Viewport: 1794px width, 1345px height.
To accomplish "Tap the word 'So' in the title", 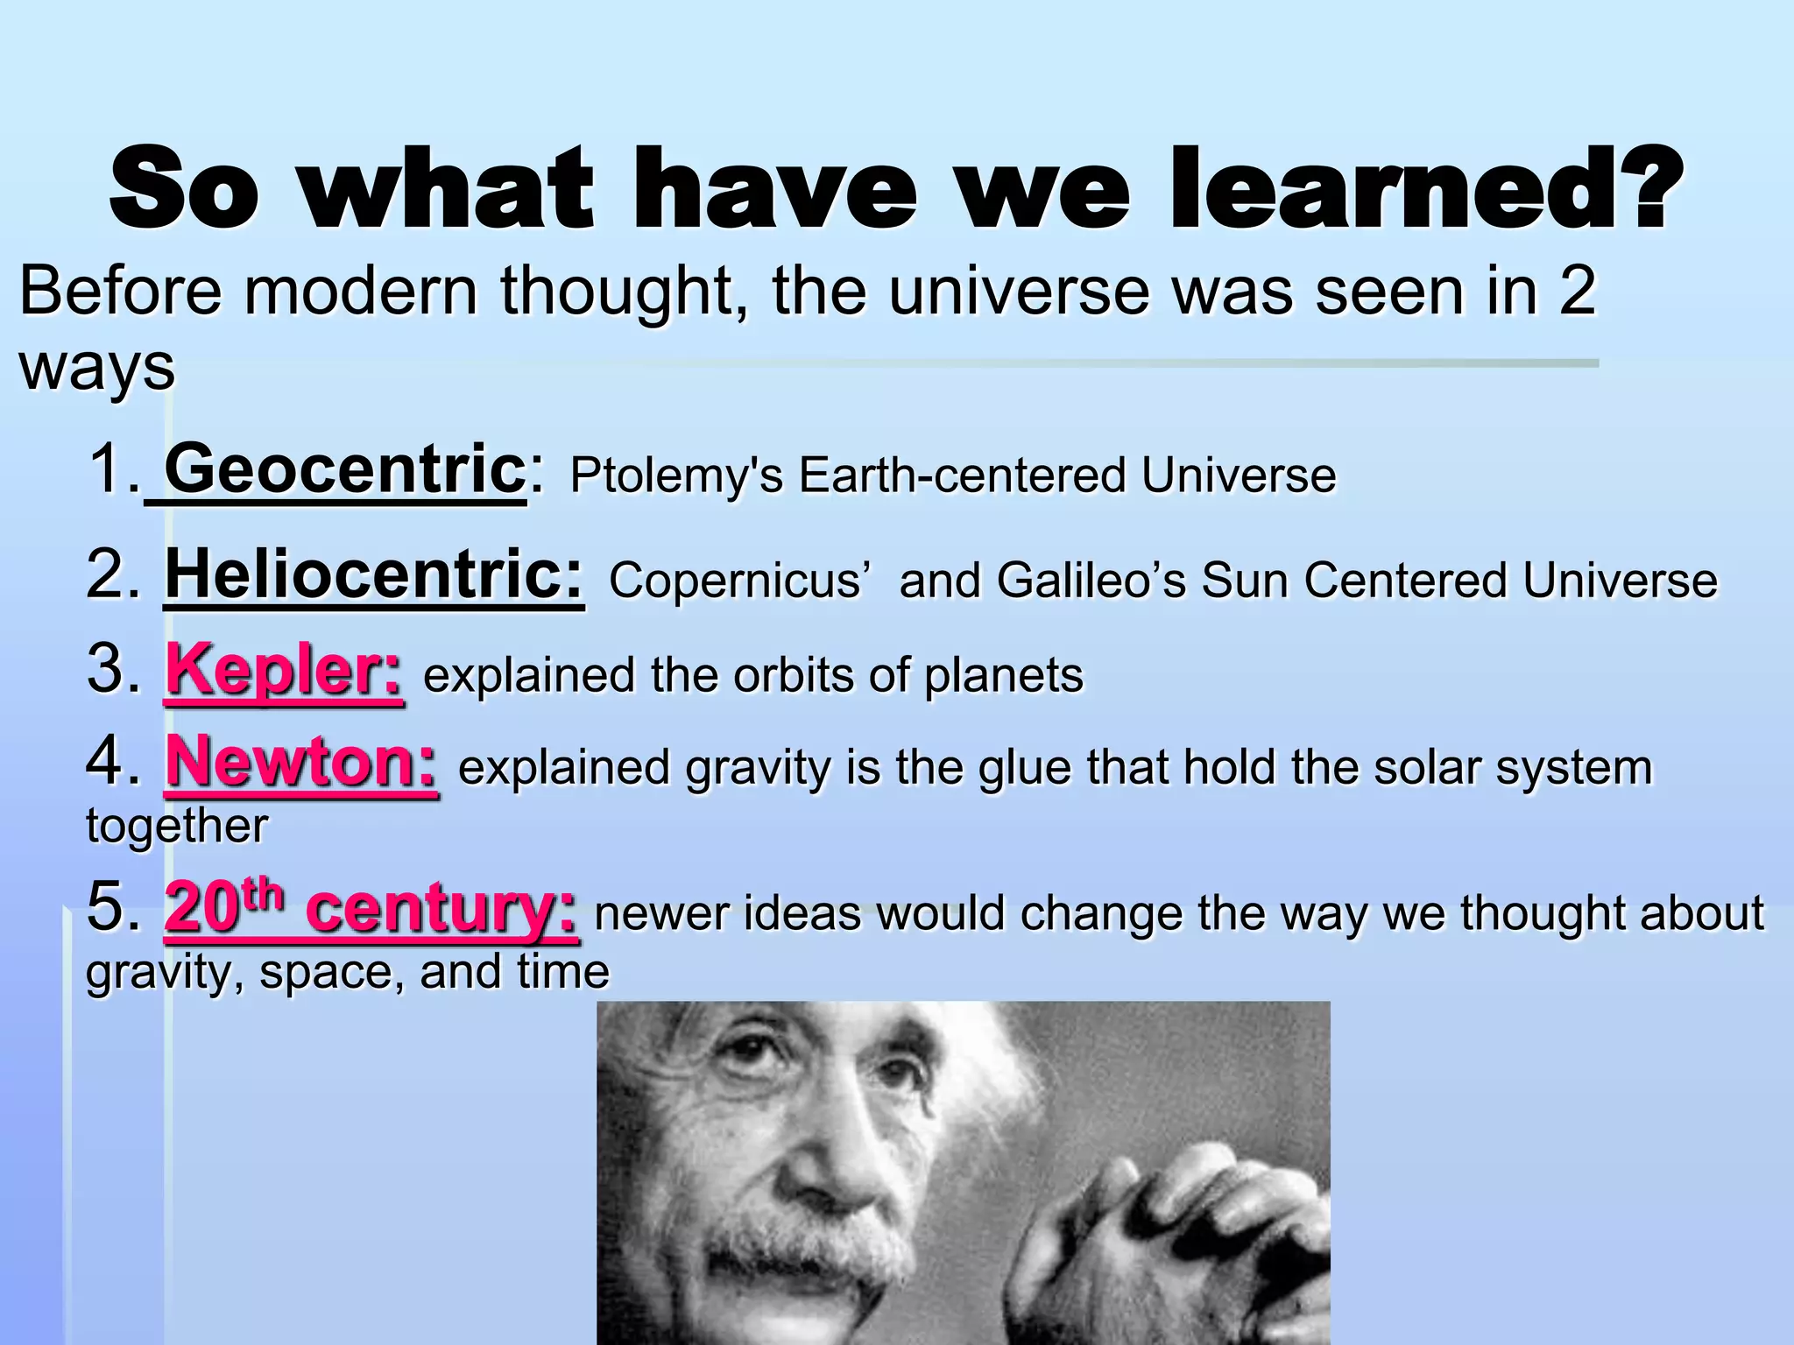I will click(x=184, y=188).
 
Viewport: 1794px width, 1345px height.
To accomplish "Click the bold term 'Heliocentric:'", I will click(x=374, y=574).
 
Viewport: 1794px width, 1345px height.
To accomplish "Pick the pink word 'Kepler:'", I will click(x=284, y=670).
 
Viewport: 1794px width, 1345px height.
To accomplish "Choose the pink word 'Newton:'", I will click(x=300, y=762).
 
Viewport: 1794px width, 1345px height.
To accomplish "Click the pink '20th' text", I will click(x=224, y=906).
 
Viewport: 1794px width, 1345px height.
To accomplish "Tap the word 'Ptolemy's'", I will click(x=675, y=475).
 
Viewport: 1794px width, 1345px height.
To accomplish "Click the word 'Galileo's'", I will click(x=1091, y=581).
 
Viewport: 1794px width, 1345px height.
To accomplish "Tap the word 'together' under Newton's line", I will click(x=177, y=826).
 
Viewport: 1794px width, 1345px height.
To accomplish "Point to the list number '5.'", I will click(x=114, y=906).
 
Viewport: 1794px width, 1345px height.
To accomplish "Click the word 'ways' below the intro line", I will click(x=96, y=368).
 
